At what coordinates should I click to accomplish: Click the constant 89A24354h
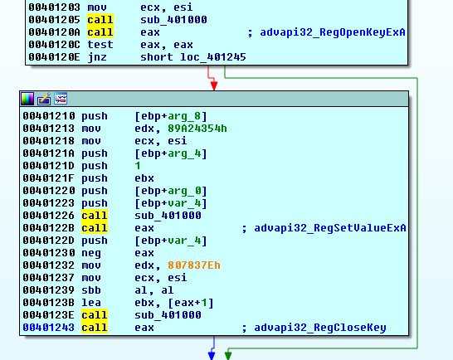pos(197,129)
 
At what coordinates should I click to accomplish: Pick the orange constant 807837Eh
pos(194,265)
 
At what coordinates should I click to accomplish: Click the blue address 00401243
pos(48,328)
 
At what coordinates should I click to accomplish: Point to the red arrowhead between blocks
pos(214,85)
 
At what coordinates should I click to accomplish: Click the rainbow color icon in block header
pos(27,99)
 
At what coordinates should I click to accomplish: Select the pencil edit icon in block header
pos(44,99)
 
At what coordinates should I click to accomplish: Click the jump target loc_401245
pos(213,57)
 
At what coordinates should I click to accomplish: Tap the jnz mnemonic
pos(97,57)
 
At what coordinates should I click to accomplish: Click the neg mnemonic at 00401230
pos(91,253)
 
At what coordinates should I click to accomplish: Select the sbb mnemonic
pos(91,290)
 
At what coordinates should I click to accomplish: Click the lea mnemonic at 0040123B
pos(91,303)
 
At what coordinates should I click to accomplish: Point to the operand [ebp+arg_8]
pos(171,116)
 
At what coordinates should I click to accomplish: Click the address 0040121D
pos(48,166)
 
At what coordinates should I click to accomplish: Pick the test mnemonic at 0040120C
pos(100,45)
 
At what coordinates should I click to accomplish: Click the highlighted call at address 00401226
pos(95,216)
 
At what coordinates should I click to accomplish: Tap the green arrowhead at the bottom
pos(228,354)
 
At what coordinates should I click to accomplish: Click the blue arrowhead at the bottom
pos(212,355)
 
